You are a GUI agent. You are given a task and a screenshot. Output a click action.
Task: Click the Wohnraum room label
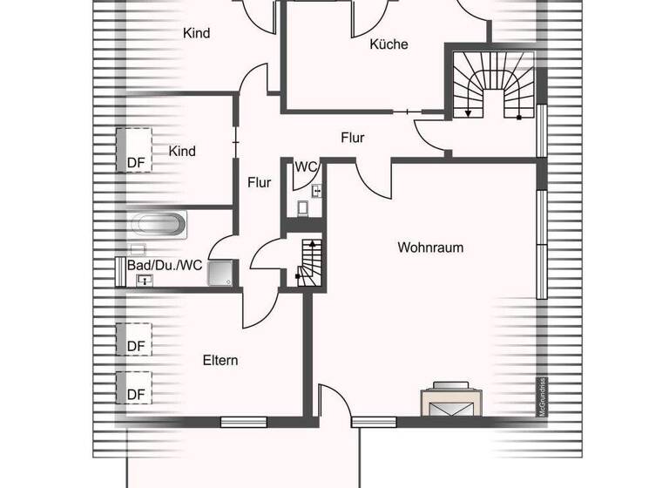430,247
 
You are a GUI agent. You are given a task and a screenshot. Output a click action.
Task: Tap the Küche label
389,44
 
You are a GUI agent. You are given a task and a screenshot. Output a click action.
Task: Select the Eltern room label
220,360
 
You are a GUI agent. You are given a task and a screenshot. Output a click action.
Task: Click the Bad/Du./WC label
165,265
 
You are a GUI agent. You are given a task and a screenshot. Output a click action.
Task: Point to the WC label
305,166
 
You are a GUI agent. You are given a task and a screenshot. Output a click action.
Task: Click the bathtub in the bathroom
159,225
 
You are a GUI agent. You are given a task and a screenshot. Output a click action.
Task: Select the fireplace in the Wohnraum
449,402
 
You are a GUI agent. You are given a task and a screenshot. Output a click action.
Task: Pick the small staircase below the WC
309,262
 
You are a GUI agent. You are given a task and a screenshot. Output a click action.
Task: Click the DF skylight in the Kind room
135,150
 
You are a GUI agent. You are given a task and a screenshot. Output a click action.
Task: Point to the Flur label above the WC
352,138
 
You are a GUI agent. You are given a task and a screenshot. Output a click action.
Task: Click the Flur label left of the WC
259,183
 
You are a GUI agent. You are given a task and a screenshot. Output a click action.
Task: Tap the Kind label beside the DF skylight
182,152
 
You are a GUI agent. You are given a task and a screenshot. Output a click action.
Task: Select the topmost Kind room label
196,34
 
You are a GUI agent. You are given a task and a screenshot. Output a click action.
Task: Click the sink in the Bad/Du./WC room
144,280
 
